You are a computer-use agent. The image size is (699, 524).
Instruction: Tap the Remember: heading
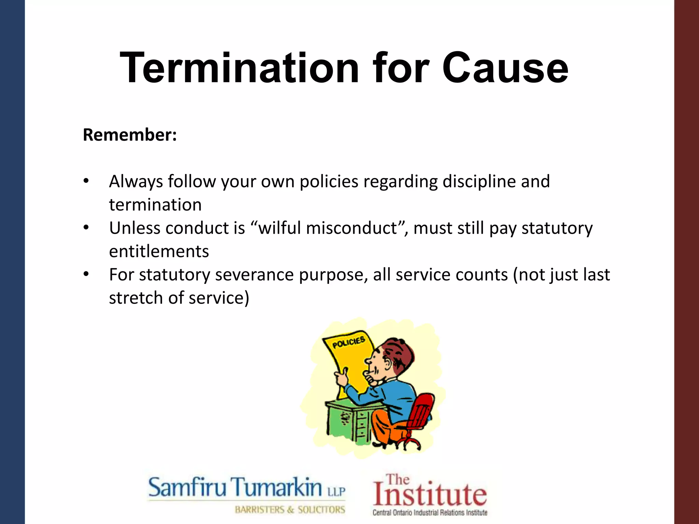[130, 135]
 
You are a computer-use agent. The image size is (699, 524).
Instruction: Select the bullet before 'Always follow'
[86, 181]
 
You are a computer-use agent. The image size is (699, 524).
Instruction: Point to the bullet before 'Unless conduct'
[86, 228]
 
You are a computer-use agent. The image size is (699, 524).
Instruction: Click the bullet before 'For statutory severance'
[86, 274]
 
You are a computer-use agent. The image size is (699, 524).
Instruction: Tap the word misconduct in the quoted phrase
[352, 228]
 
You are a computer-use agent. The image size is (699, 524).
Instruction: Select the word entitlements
[159, 251]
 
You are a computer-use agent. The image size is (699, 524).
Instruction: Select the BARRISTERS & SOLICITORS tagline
[290, 510]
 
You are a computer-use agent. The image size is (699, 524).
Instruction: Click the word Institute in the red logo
[430, 495]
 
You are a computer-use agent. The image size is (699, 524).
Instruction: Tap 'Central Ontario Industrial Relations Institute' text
[430, 512]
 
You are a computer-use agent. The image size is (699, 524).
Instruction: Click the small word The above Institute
[398, 480]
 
